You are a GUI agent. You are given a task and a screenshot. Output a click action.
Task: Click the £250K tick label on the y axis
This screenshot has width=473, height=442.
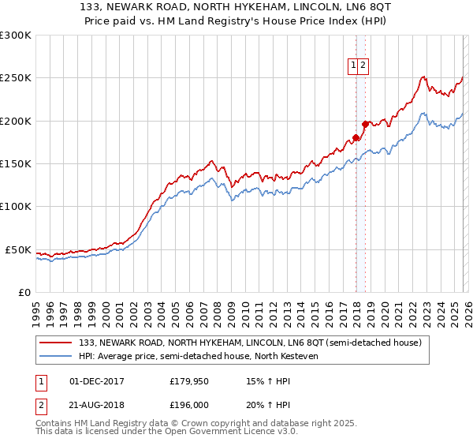tap(16, 78)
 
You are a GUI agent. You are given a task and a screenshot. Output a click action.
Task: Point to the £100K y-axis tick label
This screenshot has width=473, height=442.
tap(16, 207)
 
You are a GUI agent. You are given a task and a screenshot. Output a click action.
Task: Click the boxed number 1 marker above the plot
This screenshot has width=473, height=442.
tap(354, 67)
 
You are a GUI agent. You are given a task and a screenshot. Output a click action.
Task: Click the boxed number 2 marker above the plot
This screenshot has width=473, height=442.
tap(363, 67)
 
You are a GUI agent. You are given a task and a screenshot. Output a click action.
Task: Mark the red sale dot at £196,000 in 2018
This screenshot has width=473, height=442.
tap(365, 124)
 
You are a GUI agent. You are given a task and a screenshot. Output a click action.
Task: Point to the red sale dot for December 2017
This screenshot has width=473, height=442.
tap(356, 137)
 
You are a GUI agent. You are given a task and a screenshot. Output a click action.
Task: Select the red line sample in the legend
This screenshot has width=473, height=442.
tap(56, 343)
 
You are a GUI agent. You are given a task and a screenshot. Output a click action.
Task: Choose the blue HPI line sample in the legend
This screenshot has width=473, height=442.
tap(56, 356)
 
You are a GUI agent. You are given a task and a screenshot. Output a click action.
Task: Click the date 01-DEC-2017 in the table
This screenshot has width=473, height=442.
tap(97, 381)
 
